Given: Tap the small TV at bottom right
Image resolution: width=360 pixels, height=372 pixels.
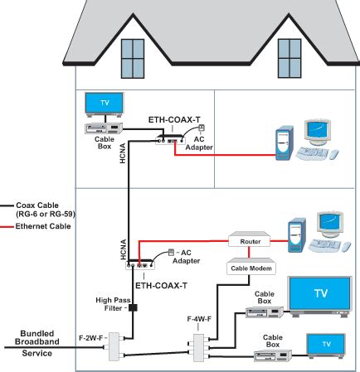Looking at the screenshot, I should (325, 344).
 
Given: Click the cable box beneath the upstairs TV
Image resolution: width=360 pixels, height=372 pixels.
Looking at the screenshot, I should (105, 128).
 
